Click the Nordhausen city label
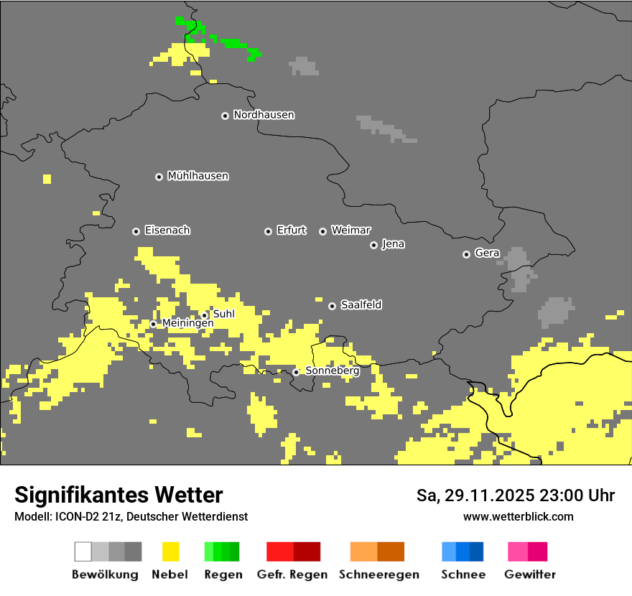pyautogui.click(x=264, y=115)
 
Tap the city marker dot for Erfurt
pyautogui.click(x=268, y=231)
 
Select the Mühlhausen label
pyautogui.click(x=197, y=176)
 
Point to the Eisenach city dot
pyautogui.click(x=136, y=231)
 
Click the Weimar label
pyautogui.click(x=350, y=231)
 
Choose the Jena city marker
pyautogui.click(x=373, y=245)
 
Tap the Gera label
pyautogui.click(x=487, y=253)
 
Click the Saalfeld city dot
pyautogui.click(x=332, y=306)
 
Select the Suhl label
pyautogui.click(x=224, y=314)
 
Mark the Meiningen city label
pyautogui.click(x=187, y=324)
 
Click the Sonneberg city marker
pyautogui.click(x=296, y=372)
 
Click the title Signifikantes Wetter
pyautogui.click(x=118, y=495)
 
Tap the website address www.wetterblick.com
pyautogui.click(x=518, y=516)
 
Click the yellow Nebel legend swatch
pyautogui.click(x=170, y=551)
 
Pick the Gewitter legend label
pyautogui.click(x=529, y=574)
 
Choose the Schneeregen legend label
pyautogui.click(x=378, y=574)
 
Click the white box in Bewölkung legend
pyautogui.click(x=83, y=551)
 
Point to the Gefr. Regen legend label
pyautogui.click(x=292, y=574)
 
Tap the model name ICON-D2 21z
pyautogui.click(x=88, y=516)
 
